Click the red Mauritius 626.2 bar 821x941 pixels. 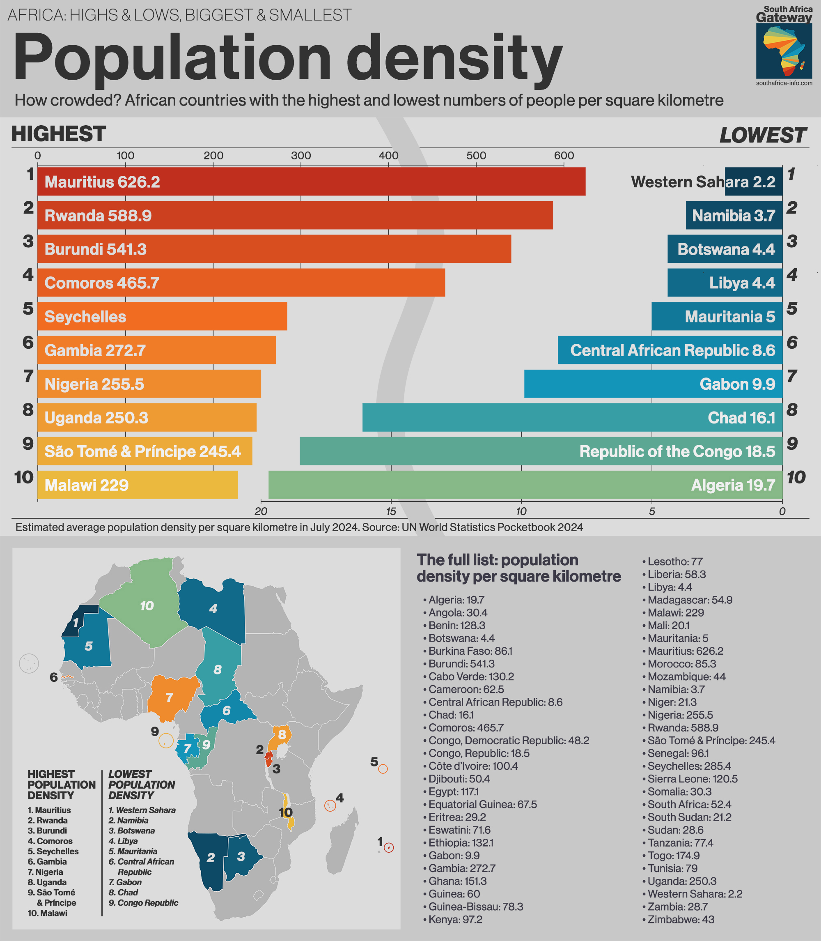pyautogui.click(x=312, y=182)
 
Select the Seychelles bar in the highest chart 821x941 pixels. pyautogui.click(x=162, y=316)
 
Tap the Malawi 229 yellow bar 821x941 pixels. pyautogui.click(x=138, y=485)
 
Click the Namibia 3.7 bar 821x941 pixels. pyautogui.click(x=734, y=215)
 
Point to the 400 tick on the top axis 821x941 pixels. pyautogui.click(x=388, y=156)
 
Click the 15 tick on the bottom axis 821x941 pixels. pyautogui.click(x=391, y=511)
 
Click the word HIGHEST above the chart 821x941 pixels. pyautogui.click(x=59, y=134)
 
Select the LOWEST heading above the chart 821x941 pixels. pyautogui.click(x=762, y=135)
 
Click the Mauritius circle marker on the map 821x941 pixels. pyautogui.click(x=388, y=847)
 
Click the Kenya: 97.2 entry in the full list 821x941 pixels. pyautogui.click(x=455, y=919)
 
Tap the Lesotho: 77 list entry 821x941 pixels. pyautogui.click(x=675, y=561)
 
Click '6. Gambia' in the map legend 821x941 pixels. pyautogui.click(x=47, y=862)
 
